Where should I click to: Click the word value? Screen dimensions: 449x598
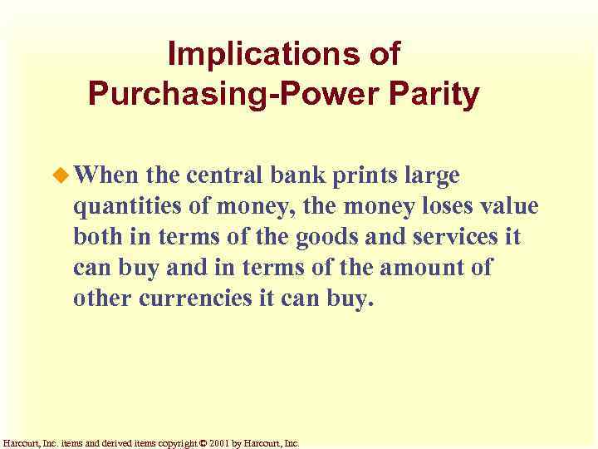click(508, 206)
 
